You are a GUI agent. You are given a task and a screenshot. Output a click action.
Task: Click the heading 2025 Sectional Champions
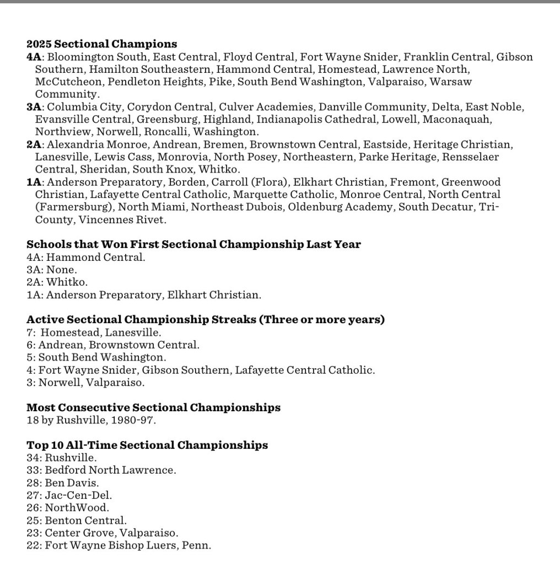coord(101,44)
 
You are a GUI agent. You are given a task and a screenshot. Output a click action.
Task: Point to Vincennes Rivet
coord(122,219)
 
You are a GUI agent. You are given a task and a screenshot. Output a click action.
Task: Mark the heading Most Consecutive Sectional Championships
coord(153,408)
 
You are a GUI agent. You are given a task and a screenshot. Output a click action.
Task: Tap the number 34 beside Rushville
coord(33,458)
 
